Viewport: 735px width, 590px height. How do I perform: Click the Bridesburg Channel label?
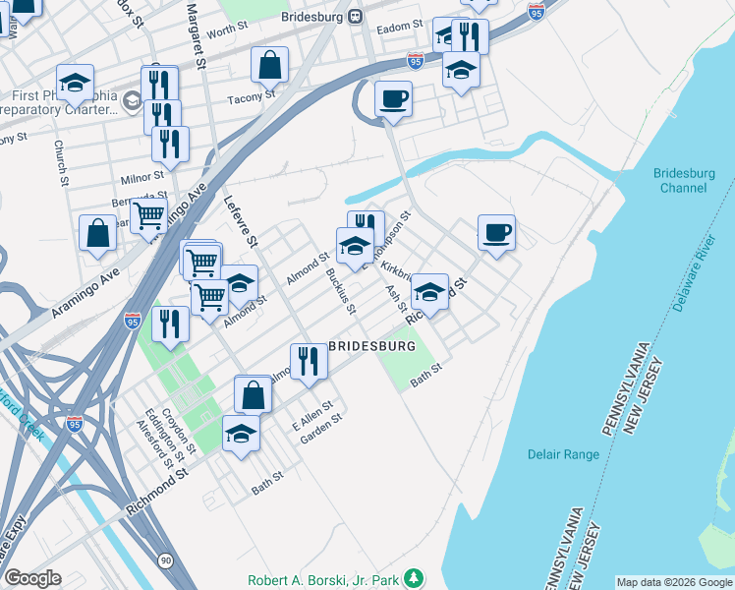[x=683, y=181]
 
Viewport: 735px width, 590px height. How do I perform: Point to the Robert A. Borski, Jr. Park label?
[x=327, y=579]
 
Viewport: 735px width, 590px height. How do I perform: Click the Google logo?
[x=32, y=578]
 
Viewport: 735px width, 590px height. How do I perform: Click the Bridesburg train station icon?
[x=356, y=17]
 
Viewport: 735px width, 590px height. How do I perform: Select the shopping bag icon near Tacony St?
[x=269, y=65]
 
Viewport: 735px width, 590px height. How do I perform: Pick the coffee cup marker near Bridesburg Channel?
[x=496, y=232]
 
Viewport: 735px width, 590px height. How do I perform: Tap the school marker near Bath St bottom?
[x=241, y=433]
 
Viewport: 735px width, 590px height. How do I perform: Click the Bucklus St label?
[x=341, y=292]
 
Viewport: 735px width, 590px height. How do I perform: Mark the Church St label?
[x=61, y=163]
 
